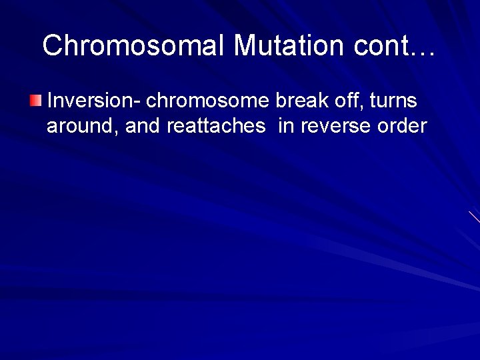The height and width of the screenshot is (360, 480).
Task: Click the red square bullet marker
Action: [x=36, y=101]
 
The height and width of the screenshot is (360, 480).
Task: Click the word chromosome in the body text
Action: [x=207, y=101]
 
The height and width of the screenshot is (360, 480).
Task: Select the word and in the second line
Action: [x=143, y=126]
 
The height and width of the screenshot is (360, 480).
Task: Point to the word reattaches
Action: [x=216, y=126]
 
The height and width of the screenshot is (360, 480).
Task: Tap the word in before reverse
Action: [x=286, y=126]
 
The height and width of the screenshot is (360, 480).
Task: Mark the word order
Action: [x=402, y=126]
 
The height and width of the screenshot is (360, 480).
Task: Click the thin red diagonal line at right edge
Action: [x=474, y=217]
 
